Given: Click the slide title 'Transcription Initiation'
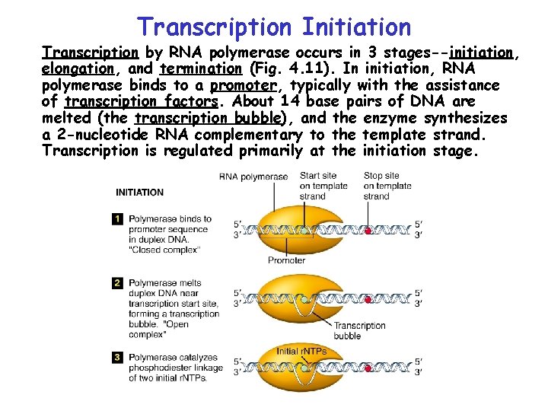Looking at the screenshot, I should pyautogui.click(x=274, y=27).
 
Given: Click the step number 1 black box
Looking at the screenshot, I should pyautogui.click(x=117, y=219).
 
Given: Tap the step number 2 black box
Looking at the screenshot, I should pyautogui.click(x=117, y=283).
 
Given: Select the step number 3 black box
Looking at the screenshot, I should pyautogui.click(x=117, y=357).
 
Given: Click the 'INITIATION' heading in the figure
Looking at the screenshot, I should pyautogui.click(x=139, y=193).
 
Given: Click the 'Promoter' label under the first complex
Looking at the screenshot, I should pyautogui.click(x=286, y=260).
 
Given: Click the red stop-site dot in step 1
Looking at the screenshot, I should pyautogui.click(x=368, y=229).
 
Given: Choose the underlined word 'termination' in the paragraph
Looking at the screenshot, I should pyautogui.click(x=199, y=69).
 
